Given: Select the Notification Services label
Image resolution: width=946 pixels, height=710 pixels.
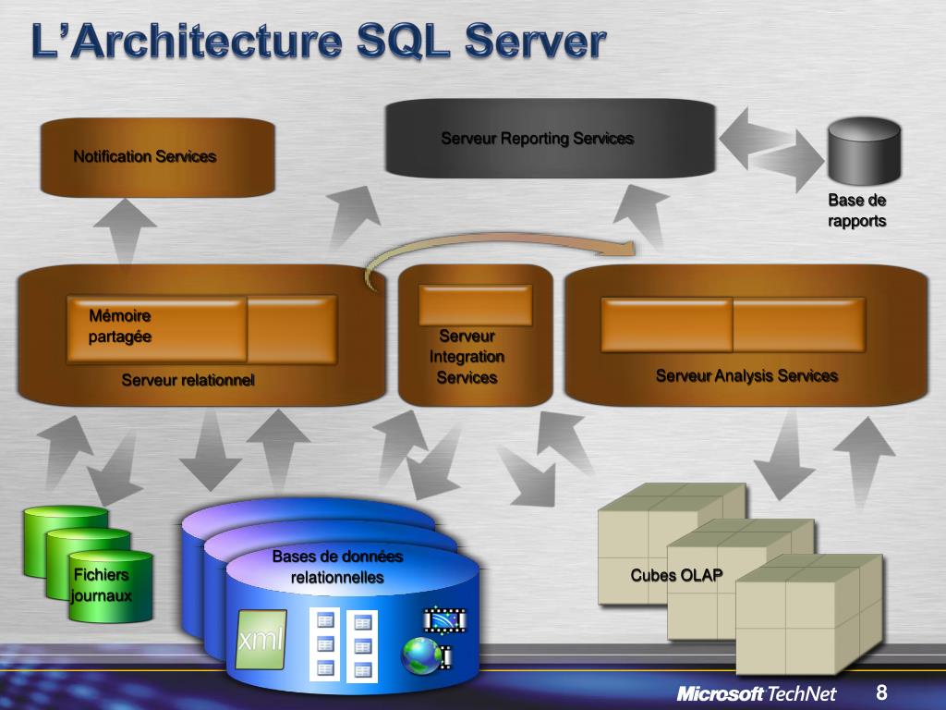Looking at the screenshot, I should click(x=145, y=156).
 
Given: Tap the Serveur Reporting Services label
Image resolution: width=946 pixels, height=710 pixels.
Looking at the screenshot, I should click(x=537, y=139).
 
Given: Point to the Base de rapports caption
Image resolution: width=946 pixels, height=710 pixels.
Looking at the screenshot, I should click(x=856, y=211).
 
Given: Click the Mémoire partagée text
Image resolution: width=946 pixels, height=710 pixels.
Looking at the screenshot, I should click(x=120, y=326).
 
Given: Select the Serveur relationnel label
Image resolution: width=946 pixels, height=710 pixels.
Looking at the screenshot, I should click(x=188, y=379).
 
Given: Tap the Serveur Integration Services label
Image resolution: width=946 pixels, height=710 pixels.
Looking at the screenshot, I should click(x=467, y=357).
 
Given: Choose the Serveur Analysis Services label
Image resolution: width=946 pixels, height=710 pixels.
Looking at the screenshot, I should click(x=746, y=375).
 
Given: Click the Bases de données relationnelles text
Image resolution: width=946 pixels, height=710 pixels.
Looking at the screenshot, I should click(x=337, y=567).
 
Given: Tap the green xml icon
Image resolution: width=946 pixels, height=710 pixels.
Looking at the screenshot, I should click(x=261, y=639).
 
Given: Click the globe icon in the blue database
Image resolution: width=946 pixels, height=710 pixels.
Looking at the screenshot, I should click(x=420, y=655).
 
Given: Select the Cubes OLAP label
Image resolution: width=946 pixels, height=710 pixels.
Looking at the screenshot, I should click(x=676, y=575).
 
